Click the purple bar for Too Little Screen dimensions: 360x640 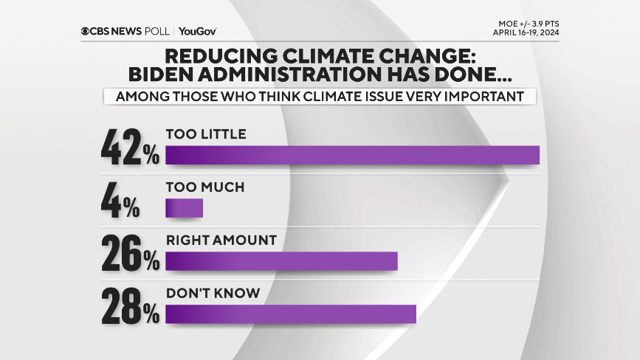(352, 155)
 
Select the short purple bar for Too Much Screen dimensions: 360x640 (184, 209)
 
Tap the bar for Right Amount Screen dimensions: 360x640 (281, 262)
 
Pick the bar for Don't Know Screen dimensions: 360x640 (291, 314)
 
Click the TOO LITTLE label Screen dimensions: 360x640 (205, 134)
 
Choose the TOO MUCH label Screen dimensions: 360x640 (204, 187)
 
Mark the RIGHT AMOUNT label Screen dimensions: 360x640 (221, 240)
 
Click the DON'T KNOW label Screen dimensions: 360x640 (213, 293)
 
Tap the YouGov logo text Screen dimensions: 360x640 (197, 31)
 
